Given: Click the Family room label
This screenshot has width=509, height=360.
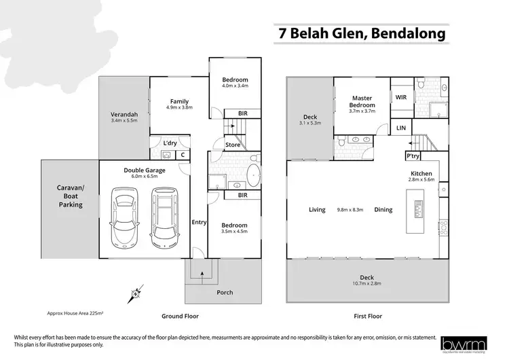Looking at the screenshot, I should pos(179,102).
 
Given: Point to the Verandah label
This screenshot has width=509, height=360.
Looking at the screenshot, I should pos(124,115).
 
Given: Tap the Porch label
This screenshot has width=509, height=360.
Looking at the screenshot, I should pos(224,293).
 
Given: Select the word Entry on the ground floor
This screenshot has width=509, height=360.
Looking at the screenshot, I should pos(199,222).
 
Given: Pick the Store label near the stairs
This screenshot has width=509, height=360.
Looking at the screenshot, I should pos(233,144).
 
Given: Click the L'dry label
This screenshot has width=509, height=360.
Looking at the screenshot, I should pos(170,143).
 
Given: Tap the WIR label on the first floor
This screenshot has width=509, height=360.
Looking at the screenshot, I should pos(400,97).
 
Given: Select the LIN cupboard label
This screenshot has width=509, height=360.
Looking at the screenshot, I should pos(400,128).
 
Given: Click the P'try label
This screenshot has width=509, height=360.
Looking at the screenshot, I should pos(413,156).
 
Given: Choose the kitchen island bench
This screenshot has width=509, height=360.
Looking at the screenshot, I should pos(415,208).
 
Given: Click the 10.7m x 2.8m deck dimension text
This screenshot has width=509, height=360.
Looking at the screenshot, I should pos(367,283).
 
